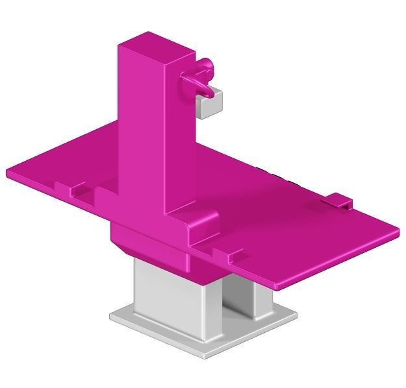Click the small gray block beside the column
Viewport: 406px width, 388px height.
(x=209, y=104)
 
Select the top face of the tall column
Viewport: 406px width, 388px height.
(x=156, y=45)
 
